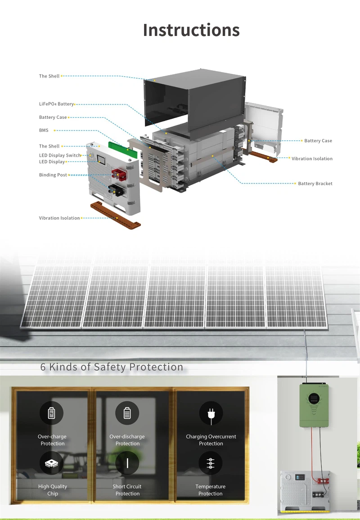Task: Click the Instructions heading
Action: click(191, 30)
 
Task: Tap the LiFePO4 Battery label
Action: click(56, 104)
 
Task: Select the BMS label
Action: click(44, 130)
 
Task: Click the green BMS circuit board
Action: click(123, 150)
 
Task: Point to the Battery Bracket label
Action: click(315, 184)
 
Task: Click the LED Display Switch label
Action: click(60, 155)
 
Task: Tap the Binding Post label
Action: click(53, 175)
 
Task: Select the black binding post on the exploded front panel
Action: click(116, 190)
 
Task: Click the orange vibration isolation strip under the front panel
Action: click(116, 215)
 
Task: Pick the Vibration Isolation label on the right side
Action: click(312, 158)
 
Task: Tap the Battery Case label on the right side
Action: click(318, 141)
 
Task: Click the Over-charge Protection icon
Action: click(51, 413)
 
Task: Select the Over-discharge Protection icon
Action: click(127, 413)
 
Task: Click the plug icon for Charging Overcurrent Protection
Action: click(211, 413)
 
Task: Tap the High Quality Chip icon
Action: click(51, 463)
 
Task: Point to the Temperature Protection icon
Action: click(210, 463)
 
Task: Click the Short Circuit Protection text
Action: click(127, 490)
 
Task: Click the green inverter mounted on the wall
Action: click(314, 405)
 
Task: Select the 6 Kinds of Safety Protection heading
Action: click(112, 367)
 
